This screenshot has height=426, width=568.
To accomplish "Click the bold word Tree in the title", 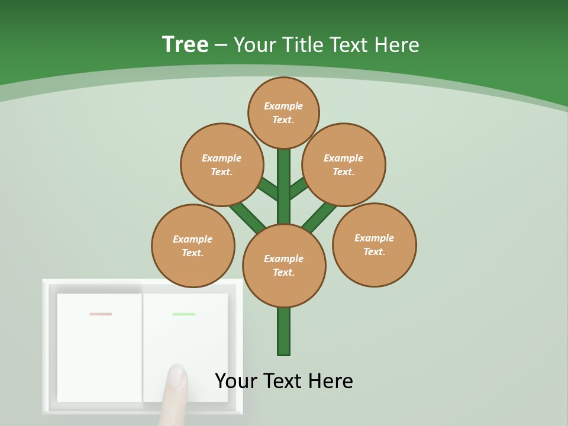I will click(185, 45).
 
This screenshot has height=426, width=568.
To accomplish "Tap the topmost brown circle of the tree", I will click(283, 112).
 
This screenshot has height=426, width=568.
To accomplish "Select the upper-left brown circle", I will click(221, 164).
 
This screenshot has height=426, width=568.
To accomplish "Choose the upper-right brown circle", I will click(344, 164).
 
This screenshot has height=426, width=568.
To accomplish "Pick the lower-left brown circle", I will click(193, 246).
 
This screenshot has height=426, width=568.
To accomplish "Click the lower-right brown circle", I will click(374, 244).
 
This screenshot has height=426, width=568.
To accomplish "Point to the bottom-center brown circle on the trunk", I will click(284, 266).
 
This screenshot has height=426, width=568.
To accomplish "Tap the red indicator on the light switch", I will click(101, 314).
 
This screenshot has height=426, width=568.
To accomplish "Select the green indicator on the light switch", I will click(184, 314).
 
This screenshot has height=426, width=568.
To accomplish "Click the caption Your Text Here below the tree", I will click(284, 381).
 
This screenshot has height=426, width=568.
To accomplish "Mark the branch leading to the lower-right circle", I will click(319, 217).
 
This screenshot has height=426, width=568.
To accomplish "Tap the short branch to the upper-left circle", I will click(267, 189).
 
